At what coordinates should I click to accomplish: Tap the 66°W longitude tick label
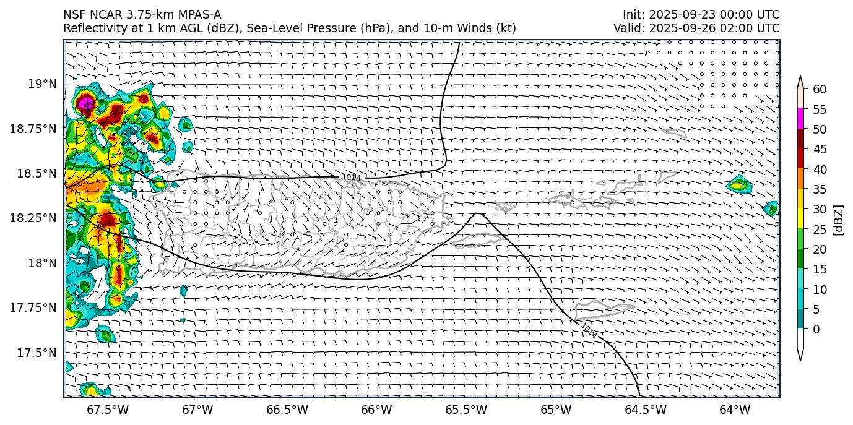click(x=376, y=410)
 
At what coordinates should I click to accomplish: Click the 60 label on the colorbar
click(x=820, y=90)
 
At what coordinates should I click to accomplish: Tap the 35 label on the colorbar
click(x=820, y=189)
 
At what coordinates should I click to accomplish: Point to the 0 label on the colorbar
click(x=816, y=329)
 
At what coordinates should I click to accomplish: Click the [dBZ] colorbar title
click(x=839, y=220)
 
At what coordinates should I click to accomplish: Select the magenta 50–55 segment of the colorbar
click(x=800, y=118)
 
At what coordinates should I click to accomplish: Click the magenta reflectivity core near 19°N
click(x=85, y=103)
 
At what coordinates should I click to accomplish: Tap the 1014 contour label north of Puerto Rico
click(x=351, y=178)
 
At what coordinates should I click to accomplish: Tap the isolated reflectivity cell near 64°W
click(x=738, y=184)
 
